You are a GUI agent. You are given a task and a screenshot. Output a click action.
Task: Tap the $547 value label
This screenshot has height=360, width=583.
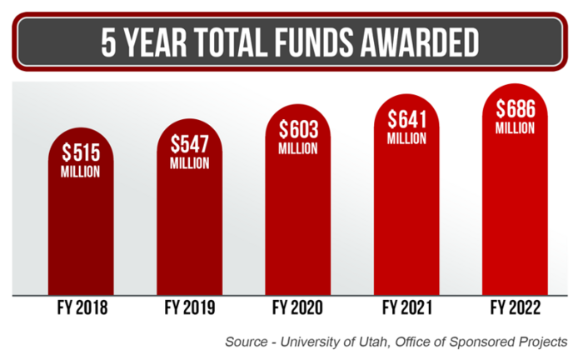189,143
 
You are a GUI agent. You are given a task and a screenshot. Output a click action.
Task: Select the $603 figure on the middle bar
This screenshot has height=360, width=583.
297,130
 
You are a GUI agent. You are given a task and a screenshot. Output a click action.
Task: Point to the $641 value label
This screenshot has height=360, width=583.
407,117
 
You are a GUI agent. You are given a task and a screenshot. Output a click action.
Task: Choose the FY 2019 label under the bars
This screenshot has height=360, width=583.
189,309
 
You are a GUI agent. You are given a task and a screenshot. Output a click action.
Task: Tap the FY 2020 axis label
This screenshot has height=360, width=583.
298,309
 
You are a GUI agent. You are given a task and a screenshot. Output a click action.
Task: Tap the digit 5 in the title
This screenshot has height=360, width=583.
108,42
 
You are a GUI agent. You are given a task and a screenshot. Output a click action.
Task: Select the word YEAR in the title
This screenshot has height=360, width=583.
155,42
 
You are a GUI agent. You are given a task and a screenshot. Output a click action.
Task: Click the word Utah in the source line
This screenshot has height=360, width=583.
379,342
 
